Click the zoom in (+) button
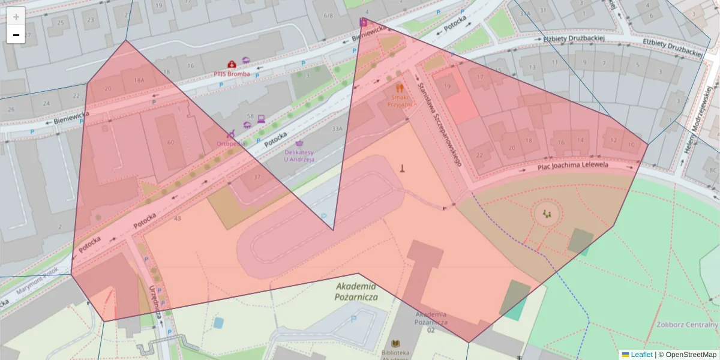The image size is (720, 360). point(16,16)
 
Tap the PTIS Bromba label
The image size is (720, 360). point(232,74)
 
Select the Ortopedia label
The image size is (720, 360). point(230,144)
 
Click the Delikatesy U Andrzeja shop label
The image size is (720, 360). point(299,156)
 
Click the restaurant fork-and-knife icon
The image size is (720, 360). point(400,87)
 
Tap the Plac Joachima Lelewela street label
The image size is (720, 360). point(574,165)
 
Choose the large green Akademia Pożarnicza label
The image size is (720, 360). point(356,292)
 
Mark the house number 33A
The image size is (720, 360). point(337,128)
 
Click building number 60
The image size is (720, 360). point(171,142)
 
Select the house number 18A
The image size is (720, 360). point(139,80)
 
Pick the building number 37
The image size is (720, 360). point(257,177)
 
